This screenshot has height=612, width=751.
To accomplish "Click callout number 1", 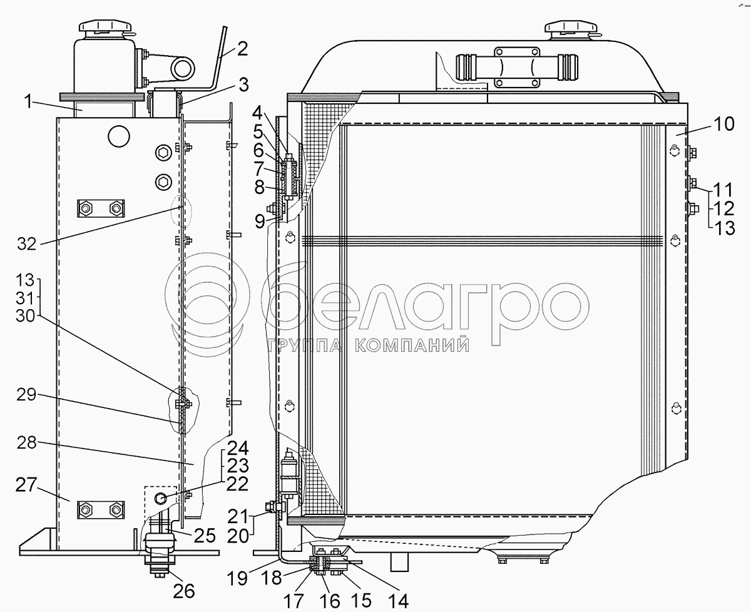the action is click(x=29, y=101).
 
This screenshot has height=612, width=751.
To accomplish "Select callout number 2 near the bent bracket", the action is click(x=242, y=49).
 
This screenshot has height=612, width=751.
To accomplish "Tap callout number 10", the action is click(x=724, y=124).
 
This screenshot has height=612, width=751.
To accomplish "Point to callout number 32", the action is click(x=27, y=243).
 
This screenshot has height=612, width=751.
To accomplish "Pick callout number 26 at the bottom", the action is click(x=184, y=591).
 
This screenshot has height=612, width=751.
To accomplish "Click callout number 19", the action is click(x=237, y=578).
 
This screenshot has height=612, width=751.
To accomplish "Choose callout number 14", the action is click(x=398, y=600).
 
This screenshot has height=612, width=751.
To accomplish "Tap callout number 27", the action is click(x=26, y=484).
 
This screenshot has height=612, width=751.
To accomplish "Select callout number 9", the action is click(x=260, y=222).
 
